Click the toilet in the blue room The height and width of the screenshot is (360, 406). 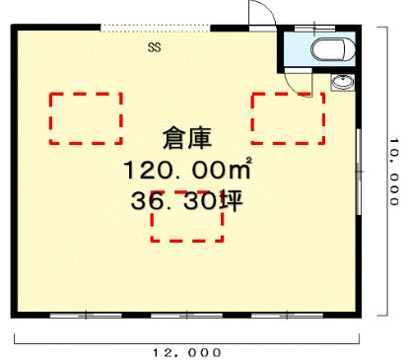[x=330, y=50]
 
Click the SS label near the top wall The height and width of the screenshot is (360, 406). [x=155, y=45]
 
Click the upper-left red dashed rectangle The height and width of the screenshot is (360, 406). [x=86, y=118]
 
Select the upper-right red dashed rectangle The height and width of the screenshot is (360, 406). [x=287, y=118]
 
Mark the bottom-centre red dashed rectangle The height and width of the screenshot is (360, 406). [x=186, y=219]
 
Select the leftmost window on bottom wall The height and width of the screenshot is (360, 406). [x=83, y=315]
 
